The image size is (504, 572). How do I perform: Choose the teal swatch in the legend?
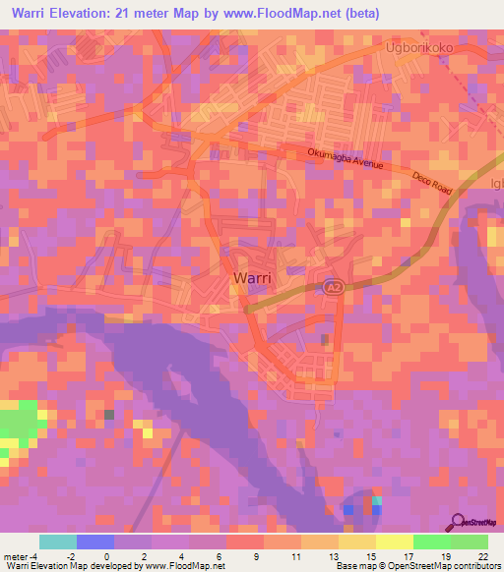(x=58, y=542)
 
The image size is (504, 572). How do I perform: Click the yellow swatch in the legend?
(x=357, y=542)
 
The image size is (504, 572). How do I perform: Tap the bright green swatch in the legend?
(x=432, y=542)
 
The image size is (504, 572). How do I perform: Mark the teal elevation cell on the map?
(x=376, y=501)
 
